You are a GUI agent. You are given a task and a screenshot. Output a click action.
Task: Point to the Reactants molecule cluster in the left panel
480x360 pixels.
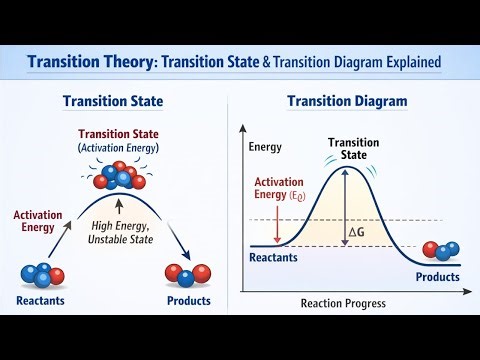click(x=41, y=273)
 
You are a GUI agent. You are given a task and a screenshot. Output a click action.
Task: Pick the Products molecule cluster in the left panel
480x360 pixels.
click(x=188, y=273)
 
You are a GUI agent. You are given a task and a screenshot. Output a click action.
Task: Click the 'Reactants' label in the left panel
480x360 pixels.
click(x=42, y=300)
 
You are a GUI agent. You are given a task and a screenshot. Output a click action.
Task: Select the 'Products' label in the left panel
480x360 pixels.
click(x=189, y=300)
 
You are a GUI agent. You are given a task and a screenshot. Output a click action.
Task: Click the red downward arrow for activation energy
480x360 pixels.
click(x=277, y=225)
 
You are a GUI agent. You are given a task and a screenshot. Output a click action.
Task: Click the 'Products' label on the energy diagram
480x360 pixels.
click(x=437, y=276)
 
